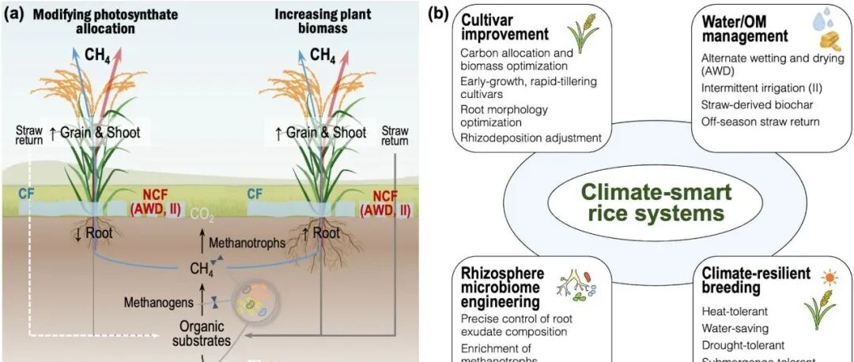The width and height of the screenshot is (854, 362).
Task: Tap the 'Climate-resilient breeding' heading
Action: pos(756,281)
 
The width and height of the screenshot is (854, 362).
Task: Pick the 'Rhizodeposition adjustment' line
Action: pos(531,138)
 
